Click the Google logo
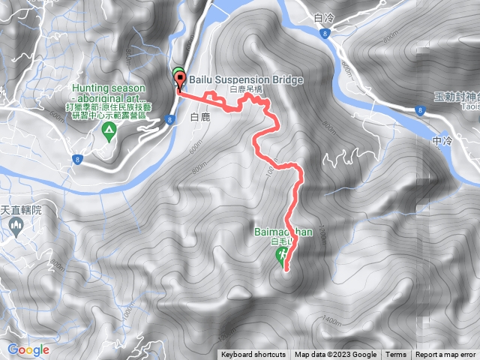[x=28, y=349]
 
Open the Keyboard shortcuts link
[x=253, y=355]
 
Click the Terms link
[x=396, y=355]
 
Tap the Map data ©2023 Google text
[x=335, y=355]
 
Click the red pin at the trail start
[x=179, y=81]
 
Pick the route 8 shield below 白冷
[x=323, y=34]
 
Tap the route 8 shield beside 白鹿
[x=171, y=118]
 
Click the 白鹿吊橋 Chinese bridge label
[x=247, y=89]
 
